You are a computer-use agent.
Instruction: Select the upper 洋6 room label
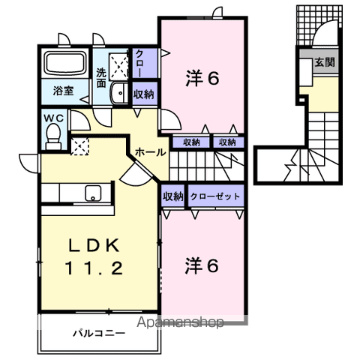[202, 78]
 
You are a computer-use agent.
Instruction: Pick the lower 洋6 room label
[202, 265]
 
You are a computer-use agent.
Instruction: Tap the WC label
[52, 117]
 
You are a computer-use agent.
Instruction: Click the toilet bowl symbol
[53, 134]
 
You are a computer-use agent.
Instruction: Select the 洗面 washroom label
[102, 78]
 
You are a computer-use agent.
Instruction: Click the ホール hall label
[151, 151]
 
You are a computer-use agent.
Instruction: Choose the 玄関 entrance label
[325, 62]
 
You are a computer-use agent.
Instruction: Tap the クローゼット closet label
[215, 196]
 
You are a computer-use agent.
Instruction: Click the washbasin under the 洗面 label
[119, 93]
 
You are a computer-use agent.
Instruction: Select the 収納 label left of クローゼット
[173, 196]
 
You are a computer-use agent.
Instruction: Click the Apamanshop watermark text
[178, 323]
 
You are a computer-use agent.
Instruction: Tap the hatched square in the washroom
[118, 64]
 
